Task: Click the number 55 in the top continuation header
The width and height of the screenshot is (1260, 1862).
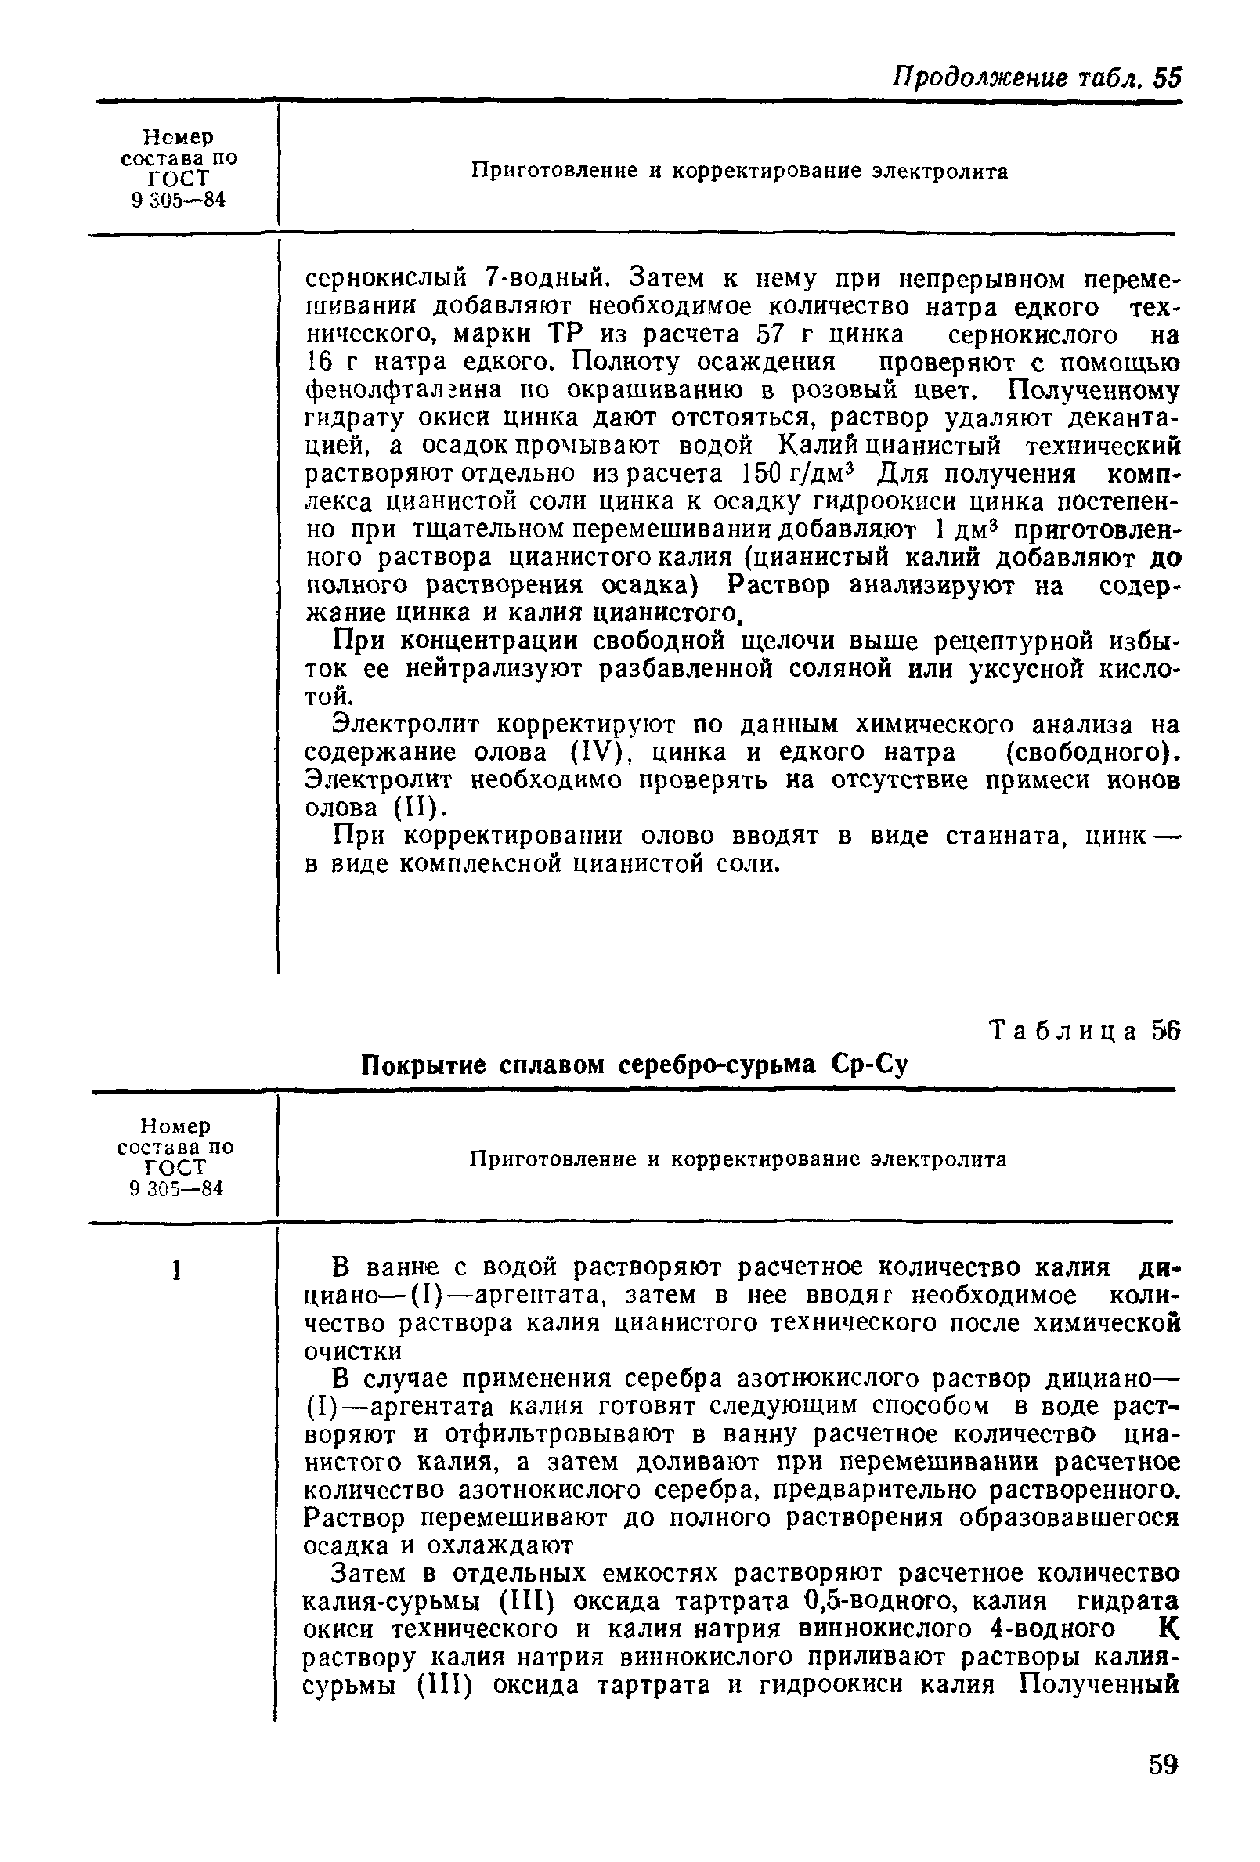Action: (x=1167, y=78)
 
